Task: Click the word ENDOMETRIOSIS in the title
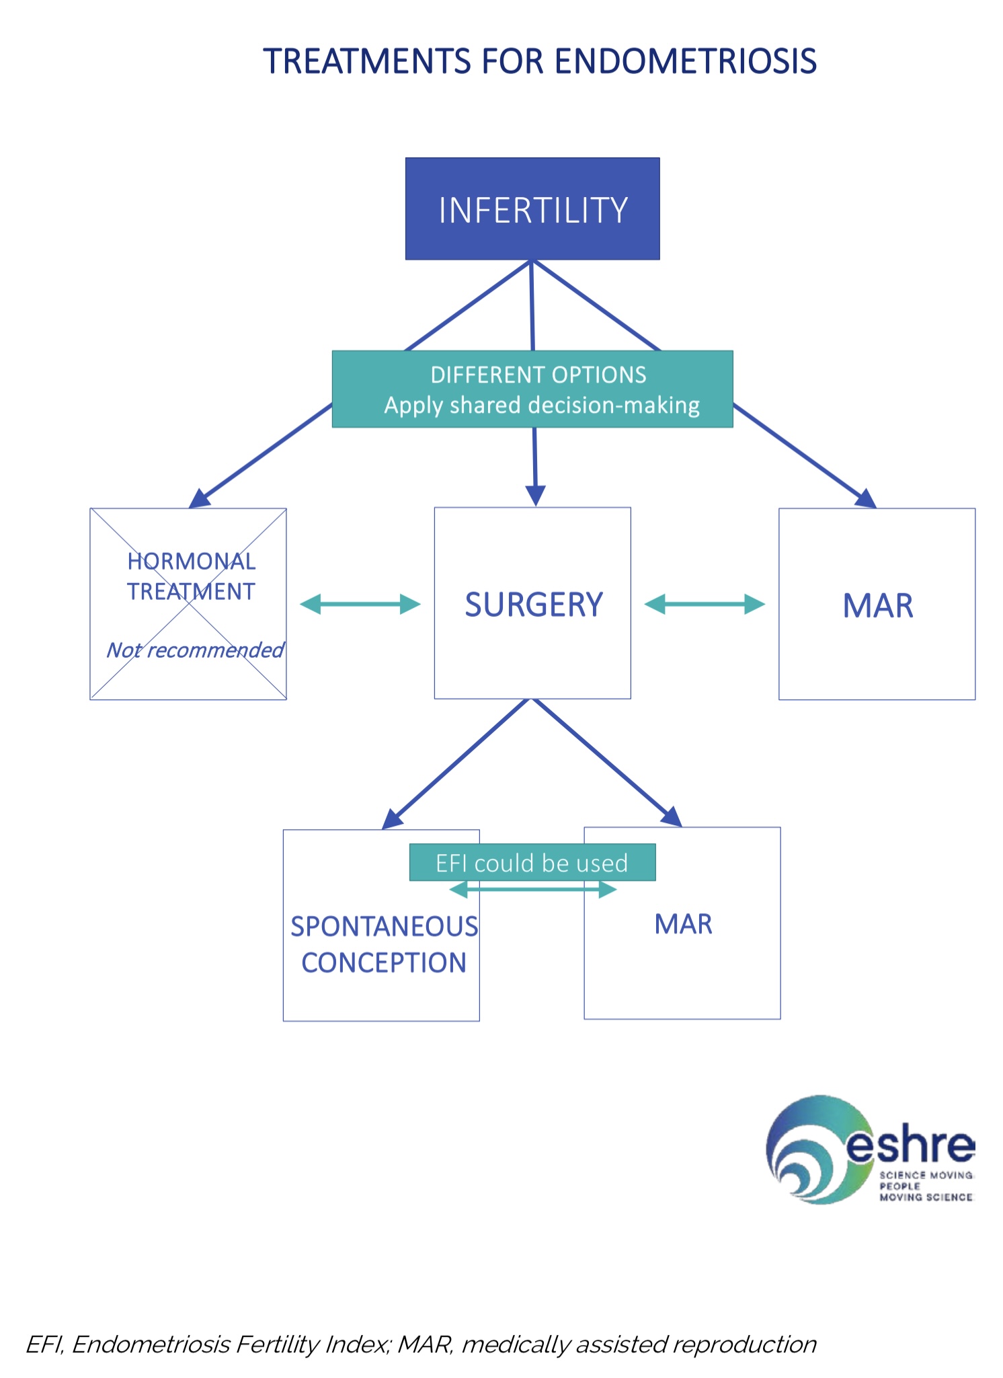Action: click(686, 61)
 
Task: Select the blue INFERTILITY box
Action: click(532, 209)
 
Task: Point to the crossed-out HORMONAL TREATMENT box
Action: click(188, 603)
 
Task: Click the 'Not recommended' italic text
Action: click(195, 650)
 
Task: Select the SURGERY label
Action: click(534, 605)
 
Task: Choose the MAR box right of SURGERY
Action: click(877, 605)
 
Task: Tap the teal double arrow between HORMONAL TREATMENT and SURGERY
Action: click(360, 604)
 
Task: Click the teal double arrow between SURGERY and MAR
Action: click(705, 604)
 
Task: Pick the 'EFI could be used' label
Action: click(532, 863)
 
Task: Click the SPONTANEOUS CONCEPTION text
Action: click(384, 944)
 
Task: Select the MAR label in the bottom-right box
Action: click(683, 924)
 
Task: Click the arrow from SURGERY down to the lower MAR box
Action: click(605, 761)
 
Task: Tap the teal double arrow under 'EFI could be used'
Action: click(532, 890)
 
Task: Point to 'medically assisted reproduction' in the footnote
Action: click(639, 1344)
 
